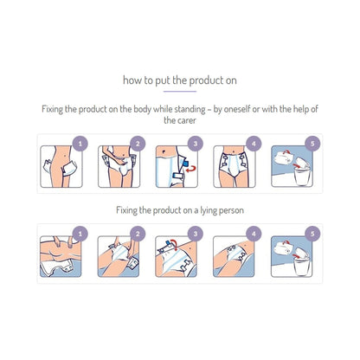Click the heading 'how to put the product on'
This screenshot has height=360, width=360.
click(x=180, y=81)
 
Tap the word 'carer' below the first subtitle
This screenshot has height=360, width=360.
click(x=180, y=121)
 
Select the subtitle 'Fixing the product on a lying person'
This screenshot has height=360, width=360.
click(x=180, y=210)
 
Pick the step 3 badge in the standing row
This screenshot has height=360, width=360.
click(x=196, y=143)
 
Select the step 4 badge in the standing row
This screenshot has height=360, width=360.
click(x=254, y=143)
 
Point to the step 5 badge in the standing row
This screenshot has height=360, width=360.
click(x=312, y=143)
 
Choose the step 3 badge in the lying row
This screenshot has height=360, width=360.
click(x=196, y=233)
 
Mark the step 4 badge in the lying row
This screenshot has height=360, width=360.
click(x=254, y=233)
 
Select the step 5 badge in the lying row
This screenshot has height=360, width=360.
click(x=312, y=233)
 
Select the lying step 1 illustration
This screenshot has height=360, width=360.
click(x=63, y=255)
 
